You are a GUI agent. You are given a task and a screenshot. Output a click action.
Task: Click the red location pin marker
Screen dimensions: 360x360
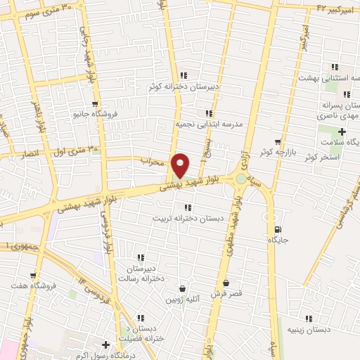(181, 165)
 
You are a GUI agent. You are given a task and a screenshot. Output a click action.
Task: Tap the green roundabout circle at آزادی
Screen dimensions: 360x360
(241, 179)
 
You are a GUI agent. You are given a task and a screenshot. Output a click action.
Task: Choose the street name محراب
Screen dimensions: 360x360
(151, 161)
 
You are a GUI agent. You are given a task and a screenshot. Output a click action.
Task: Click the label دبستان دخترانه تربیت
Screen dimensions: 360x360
(188, 218)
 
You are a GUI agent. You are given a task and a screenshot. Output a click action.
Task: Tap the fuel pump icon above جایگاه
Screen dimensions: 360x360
(279, 229)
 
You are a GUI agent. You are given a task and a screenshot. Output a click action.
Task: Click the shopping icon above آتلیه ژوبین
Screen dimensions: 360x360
(183, 288)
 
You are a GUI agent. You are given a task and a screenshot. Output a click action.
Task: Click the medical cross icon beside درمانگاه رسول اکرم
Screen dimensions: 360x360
(106, 345)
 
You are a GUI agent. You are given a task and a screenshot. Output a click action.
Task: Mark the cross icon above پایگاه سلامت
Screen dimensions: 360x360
(342, 131)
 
